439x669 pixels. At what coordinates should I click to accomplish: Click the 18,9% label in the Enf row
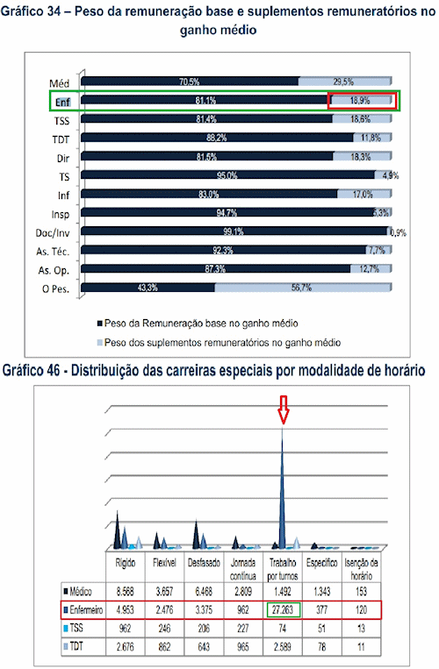pyautogui.click(x=362, y=101)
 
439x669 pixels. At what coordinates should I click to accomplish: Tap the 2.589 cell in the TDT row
pyautogui.click(x=283, y=646)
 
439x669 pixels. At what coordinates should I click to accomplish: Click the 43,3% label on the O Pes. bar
pyautogui.click(x=147, y=287)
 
